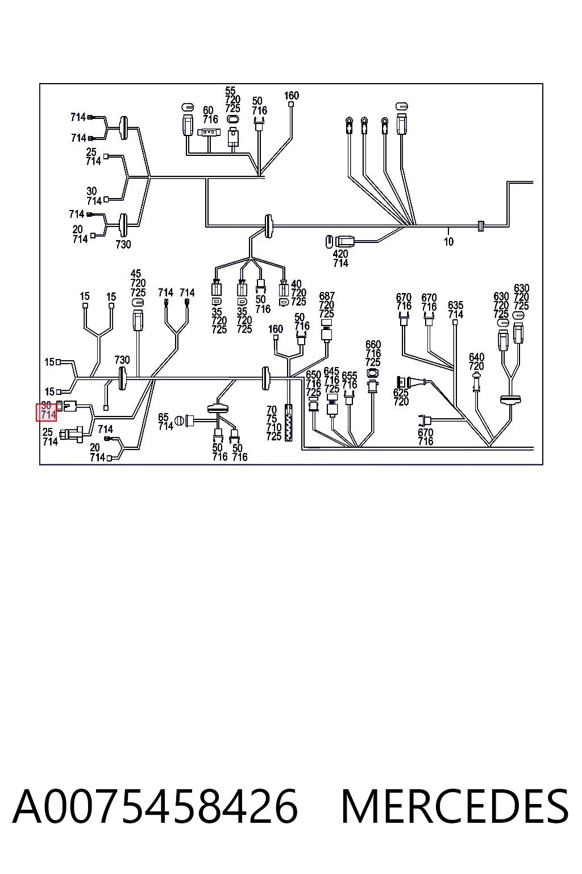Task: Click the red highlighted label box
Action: click(x=47, y=412)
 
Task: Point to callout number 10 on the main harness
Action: click(x=448, y=242)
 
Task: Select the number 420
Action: click(x=340, y=254)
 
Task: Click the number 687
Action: click(x=327, y=296)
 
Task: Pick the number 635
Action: click(x=455, y=305)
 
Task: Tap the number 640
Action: click(x=476, y=357)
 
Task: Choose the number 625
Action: click(x=401, y=393)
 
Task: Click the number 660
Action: click(x=373, y=344)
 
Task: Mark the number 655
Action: click(x=350, y=376)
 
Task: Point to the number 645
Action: click(x=331, y=370)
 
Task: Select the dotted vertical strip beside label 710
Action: click(x=289, y=423)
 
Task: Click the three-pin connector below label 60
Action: click(x=209, y=133)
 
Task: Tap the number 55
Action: click(x=230, y=91)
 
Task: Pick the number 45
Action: click(x=136, y=274)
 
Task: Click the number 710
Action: click(x=273, y=428)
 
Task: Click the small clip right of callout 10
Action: click(x=481, y=225)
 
